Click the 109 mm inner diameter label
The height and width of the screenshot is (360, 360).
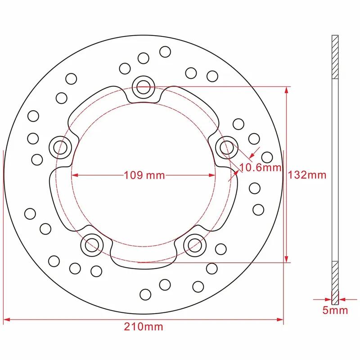coord(144,175)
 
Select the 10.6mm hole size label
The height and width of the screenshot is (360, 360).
coord(260,168)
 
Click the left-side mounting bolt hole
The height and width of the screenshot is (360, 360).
coord(59,145)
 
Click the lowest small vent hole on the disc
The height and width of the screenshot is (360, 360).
coord(145,294)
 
